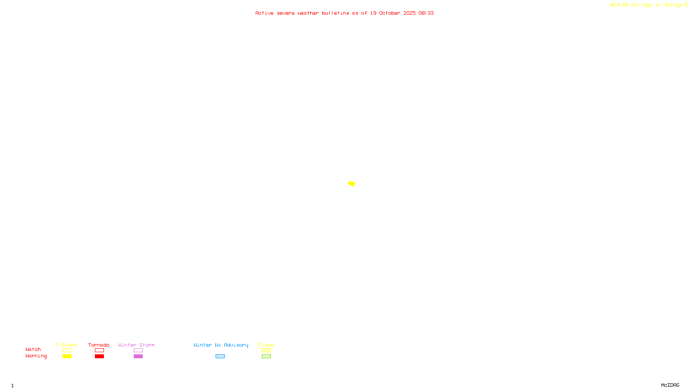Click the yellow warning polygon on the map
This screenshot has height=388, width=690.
351,184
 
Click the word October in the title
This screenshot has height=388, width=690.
389,13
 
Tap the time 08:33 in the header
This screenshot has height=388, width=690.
426,13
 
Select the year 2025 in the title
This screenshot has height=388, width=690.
409,13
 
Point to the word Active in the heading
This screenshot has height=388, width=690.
264,13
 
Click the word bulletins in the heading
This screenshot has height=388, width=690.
335,13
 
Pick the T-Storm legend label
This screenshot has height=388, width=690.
66,345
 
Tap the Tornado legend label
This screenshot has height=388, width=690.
99,345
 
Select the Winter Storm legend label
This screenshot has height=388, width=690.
136,345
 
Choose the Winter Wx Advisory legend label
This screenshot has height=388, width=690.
221,345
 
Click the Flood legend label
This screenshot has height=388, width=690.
266,345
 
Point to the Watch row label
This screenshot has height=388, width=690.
33,349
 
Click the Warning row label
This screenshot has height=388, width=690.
36,356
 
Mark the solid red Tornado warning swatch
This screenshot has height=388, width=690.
100,357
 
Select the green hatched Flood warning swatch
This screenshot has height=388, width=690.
266,357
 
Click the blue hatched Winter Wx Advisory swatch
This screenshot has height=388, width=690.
220,357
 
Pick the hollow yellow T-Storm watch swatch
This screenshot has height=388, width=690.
67,350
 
